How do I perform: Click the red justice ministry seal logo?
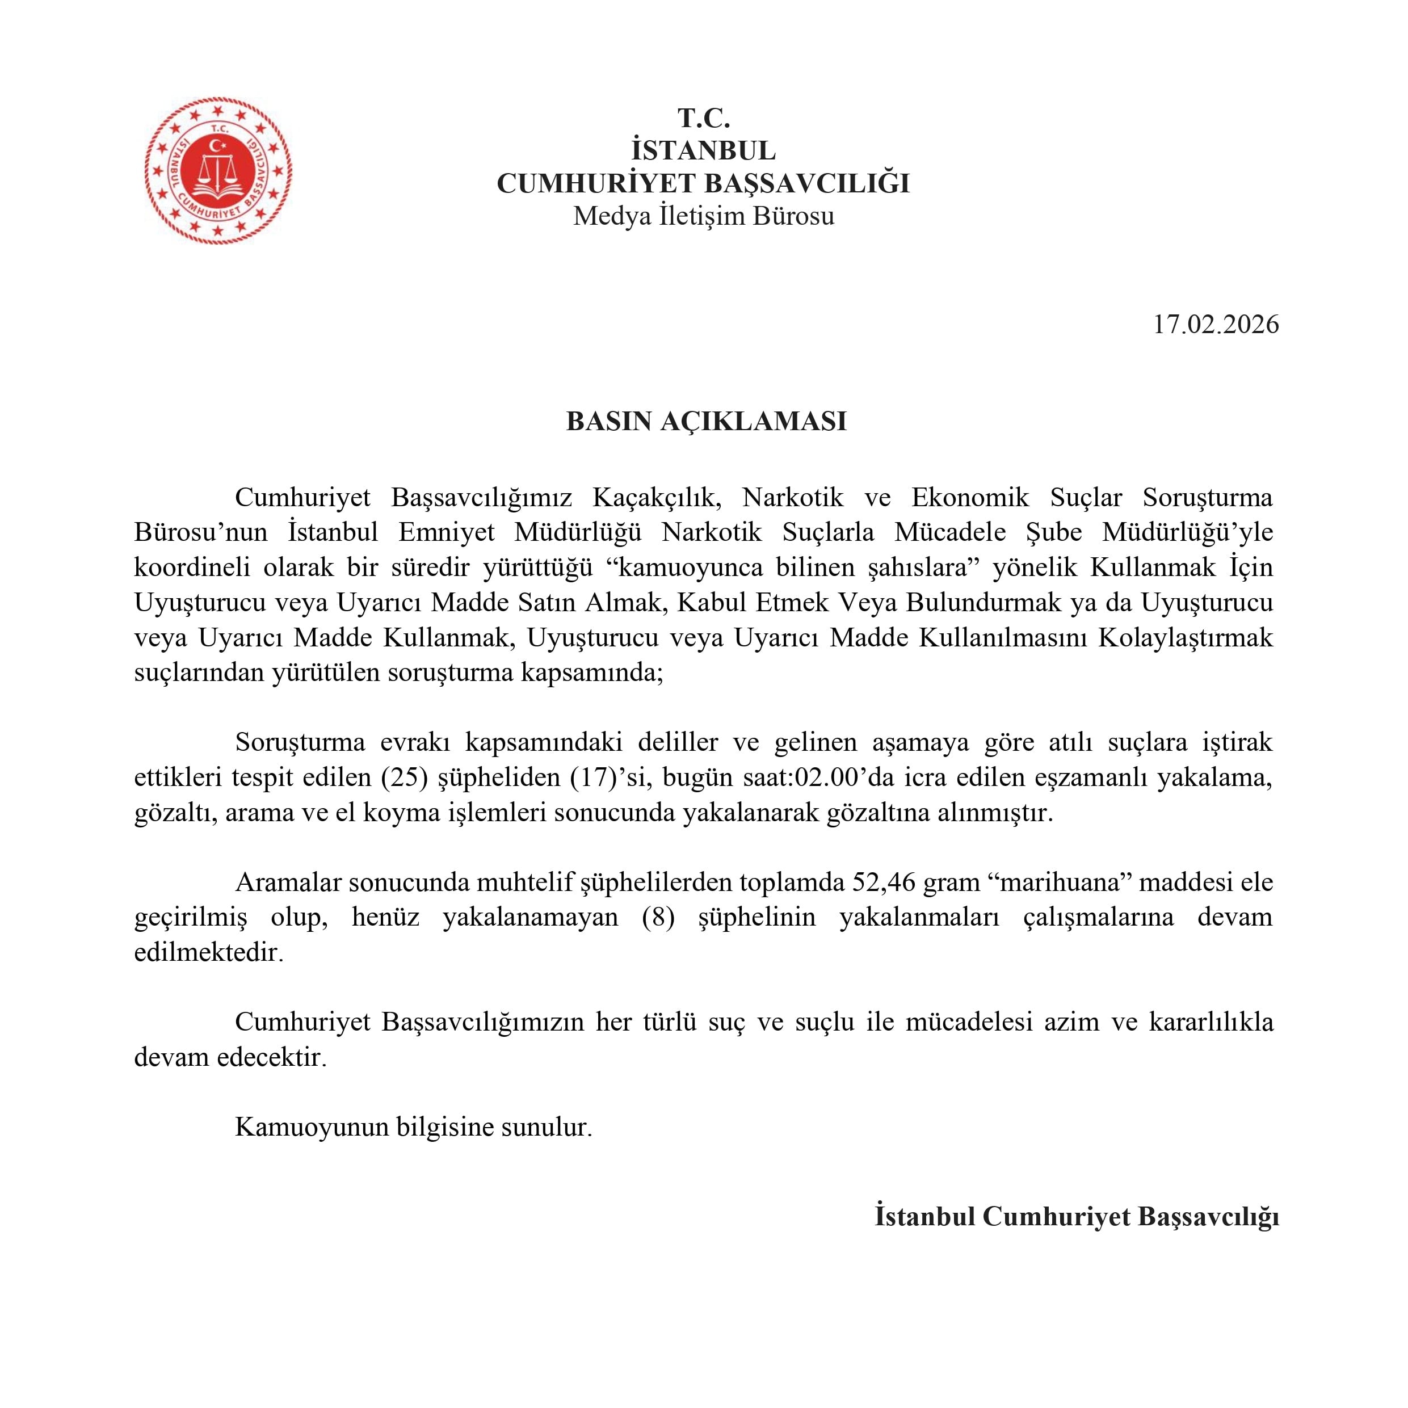[x=218, y=170]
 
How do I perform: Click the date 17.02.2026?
[x=1216, y=324]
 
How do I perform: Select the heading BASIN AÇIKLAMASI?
[x=706, y=421]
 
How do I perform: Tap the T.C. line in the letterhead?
[x=703, y=117]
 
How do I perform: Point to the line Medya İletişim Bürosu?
[x=703, y=216]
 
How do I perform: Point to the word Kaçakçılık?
[x=657, y=498]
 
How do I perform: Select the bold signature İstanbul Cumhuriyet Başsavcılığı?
[x=1077, y=1216]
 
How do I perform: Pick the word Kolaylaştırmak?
[x=1185, y=638]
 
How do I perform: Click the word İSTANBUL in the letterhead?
[x=703, y=150]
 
